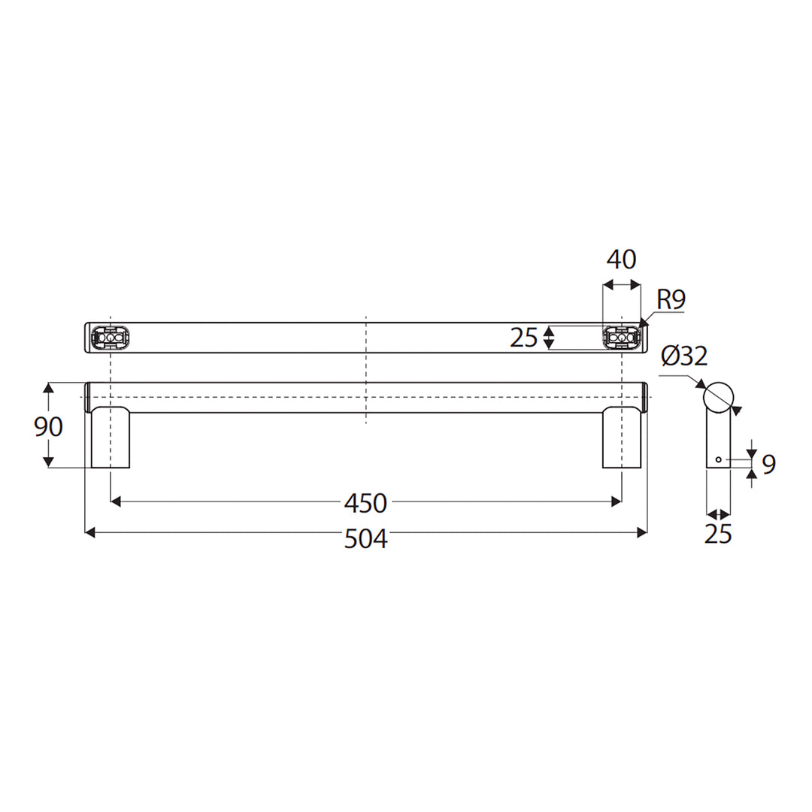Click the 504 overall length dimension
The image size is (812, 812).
[365, 538]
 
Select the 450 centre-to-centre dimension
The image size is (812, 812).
[365, 501]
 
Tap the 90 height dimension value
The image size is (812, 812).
[49, 426]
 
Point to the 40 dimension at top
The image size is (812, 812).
[621, 259]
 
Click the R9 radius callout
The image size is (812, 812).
[671, 300]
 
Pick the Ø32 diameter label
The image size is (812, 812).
[683, 355]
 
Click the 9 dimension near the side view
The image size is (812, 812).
[768, 465]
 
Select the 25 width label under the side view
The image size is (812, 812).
[718, 534]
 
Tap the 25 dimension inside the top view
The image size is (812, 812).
[523, 338]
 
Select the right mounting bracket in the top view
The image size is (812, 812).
[622, 338]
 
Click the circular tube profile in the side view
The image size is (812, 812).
[718, 395]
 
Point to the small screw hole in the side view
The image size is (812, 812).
[719, 459]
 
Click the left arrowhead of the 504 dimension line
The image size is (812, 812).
[90, 532]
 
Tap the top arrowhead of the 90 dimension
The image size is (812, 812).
[49, 388]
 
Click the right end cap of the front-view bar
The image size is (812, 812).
[644, 397]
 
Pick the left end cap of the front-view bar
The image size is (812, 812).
[88, 397]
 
